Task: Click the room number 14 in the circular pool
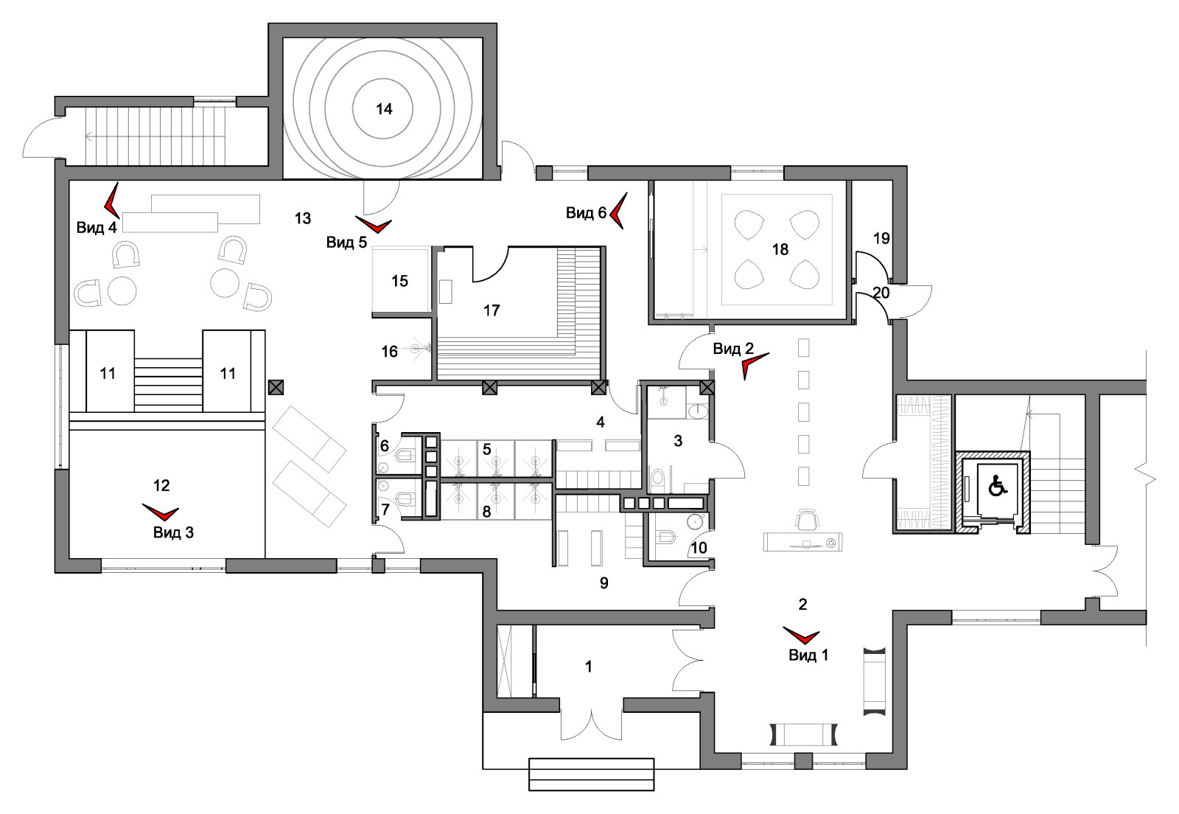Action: pyautogui.click(x=384, y=109)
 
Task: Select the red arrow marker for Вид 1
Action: pyautogui.click(x=801, y=635)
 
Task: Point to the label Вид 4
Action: pyautogui.click(x=97, y=227)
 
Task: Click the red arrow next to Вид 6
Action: pyautogui.click(x=618, y=211)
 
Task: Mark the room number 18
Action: pyautogui.click(x=780, y=249)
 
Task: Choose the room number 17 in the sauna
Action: pyautogui.click(x=491, y=310)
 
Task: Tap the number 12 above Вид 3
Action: pyautogui.click(x=161, y=485)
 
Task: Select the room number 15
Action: pyautogui.click(x=399, y=281)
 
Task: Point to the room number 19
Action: pyautogui.click(x=881, y=238)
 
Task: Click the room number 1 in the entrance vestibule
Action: pyautogui.click(x=588, y=667)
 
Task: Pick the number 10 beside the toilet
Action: pyautogui.click(x=699, y=548)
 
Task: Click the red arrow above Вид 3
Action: pyautogui.click(x=161, y=512)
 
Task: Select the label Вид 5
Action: pyautogui.click(x=346, y=242)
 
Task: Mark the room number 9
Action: pyautogui.click(x=604, y=583)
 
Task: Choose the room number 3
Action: pyautogui.click(x=678, y=441)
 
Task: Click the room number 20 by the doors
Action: pyautogui.click(x=881, y=293)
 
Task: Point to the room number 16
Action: pyautogui.click(x=389, y=352)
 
